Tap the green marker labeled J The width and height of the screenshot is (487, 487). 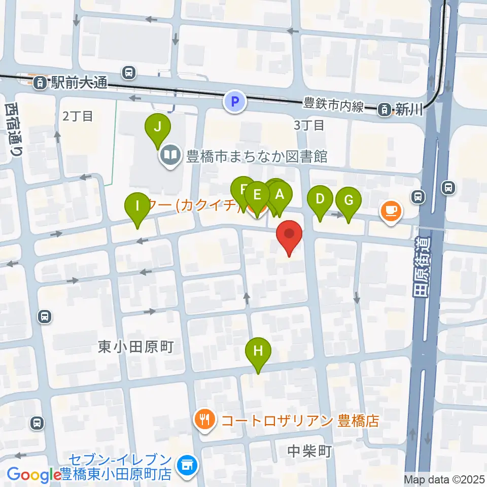[158, 128]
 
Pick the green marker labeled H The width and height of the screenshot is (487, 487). [258, 351]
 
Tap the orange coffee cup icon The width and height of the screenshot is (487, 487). [391, 210]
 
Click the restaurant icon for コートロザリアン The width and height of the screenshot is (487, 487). [205, 421]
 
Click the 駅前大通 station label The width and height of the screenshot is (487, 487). [78, 83]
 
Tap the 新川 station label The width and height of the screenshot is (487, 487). [409, 108]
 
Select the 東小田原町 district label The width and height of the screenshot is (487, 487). [136, 346]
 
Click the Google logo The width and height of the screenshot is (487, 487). [34, 475]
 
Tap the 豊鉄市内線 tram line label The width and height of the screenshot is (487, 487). [334, 106]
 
